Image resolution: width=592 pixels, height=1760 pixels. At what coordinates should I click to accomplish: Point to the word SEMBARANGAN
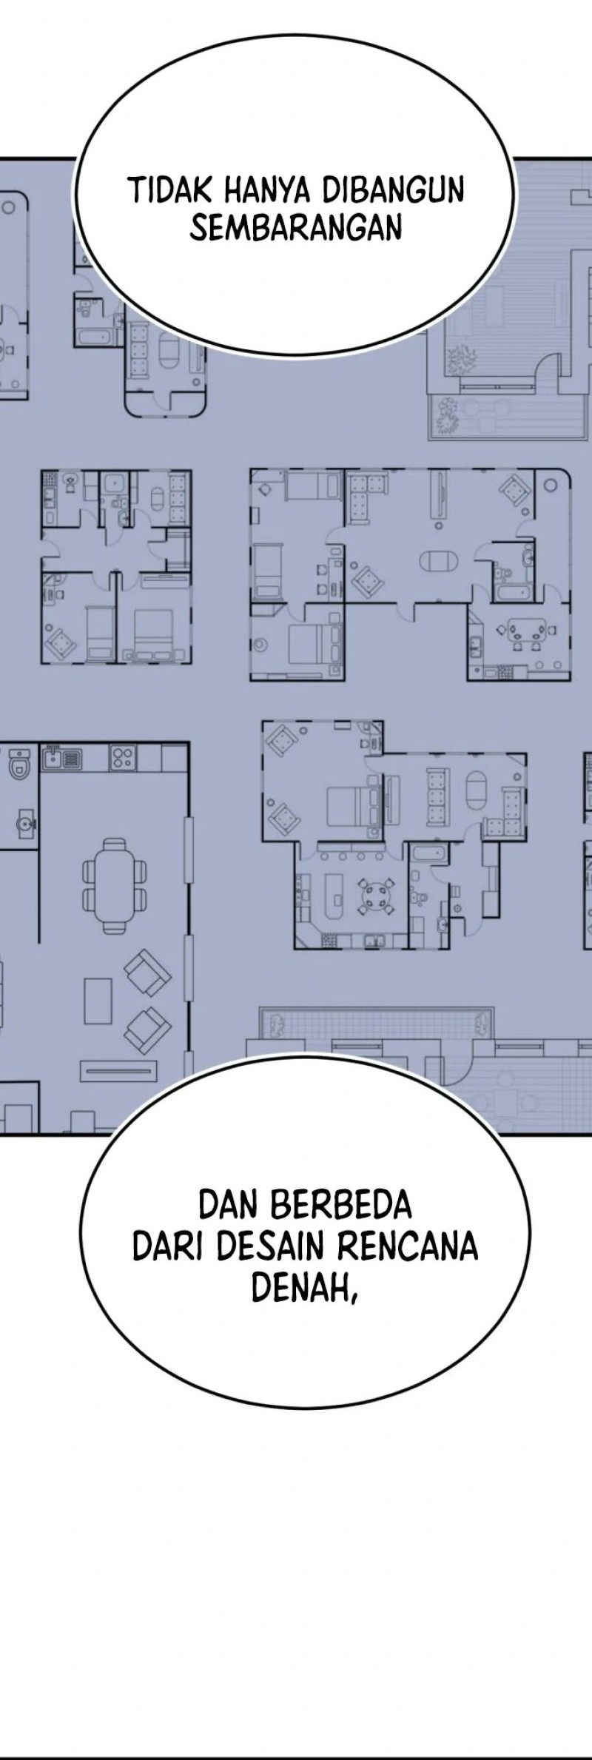[x=296, y=228]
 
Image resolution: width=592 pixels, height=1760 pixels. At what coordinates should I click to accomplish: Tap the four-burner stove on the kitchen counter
[x=123, y=757]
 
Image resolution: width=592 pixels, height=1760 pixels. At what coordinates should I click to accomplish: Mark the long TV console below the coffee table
[x=119, y=1069]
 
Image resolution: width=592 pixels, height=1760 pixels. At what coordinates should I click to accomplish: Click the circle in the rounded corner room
[x=551, y=486]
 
